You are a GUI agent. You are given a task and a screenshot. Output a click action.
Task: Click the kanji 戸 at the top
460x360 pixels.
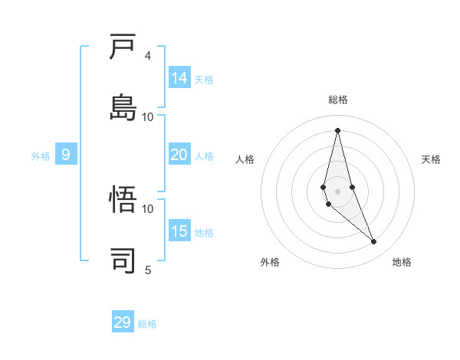pos(123,47)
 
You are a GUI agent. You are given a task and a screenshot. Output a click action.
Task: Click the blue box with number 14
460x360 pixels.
pos(179,78)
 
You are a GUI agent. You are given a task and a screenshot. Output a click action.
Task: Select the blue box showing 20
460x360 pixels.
pos(179,155)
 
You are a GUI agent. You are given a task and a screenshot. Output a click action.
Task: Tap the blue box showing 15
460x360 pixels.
pos(179,231)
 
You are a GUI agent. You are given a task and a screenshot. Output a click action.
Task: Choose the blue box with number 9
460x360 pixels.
pos(66,155)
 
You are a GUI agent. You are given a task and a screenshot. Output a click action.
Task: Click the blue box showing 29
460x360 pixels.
pos(123,322)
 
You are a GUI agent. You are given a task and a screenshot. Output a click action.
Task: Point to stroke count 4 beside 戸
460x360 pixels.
pos(148,56)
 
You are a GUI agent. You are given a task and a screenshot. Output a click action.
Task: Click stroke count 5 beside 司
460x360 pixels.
pos(148,270)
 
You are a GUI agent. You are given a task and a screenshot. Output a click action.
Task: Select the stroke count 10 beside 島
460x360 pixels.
pos(148,116)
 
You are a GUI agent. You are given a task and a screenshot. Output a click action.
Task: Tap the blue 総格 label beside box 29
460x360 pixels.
pos(147,324)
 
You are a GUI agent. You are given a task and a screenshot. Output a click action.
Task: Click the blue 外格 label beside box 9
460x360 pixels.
pos(41,156)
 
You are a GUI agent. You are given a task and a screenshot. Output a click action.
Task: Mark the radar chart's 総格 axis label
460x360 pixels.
pos(338,100)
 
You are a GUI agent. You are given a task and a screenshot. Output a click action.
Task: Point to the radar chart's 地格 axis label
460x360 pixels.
pos(402,262)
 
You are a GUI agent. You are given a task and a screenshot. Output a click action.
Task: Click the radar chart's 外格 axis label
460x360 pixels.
pos(270,262)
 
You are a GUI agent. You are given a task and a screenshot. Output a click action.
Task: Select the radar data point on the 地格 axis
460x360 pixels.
pos(374,242)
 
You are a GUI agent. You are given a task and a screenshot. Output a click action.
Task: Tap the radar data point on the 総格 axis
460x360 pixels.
pos(337,130)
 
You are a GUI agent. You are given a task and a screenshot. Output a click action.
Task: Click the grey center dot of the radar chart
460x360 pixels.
pos(337,191)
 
